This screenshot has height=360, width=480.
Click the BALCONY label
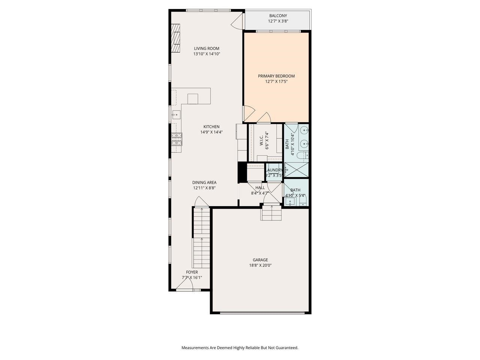(x=278, y=16)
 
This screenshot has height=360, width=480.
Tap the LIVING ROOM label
(x=206, y=48)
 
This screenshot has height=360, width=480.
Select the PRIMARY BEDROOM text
(x=276, y=76)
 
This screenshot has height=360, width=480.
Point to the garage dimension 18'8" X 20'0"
(x=260, y=265)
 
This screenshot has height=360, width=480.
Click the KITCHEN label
(x=211, y=127)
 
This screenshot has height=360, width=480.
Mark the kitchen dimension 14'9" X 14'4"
(x=211, y=132)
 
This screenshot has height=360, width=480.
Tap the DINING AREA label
(x=204, y=183)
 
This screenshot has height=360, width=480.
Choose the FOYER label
(x=192, y=272)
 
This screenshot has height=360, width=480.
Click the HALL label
(x=260, y=188)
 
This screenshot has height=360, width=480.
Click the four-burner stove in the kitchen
(x=177, y=139)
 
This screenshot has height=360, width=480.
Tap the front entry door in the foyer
(x=184, y=286)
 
